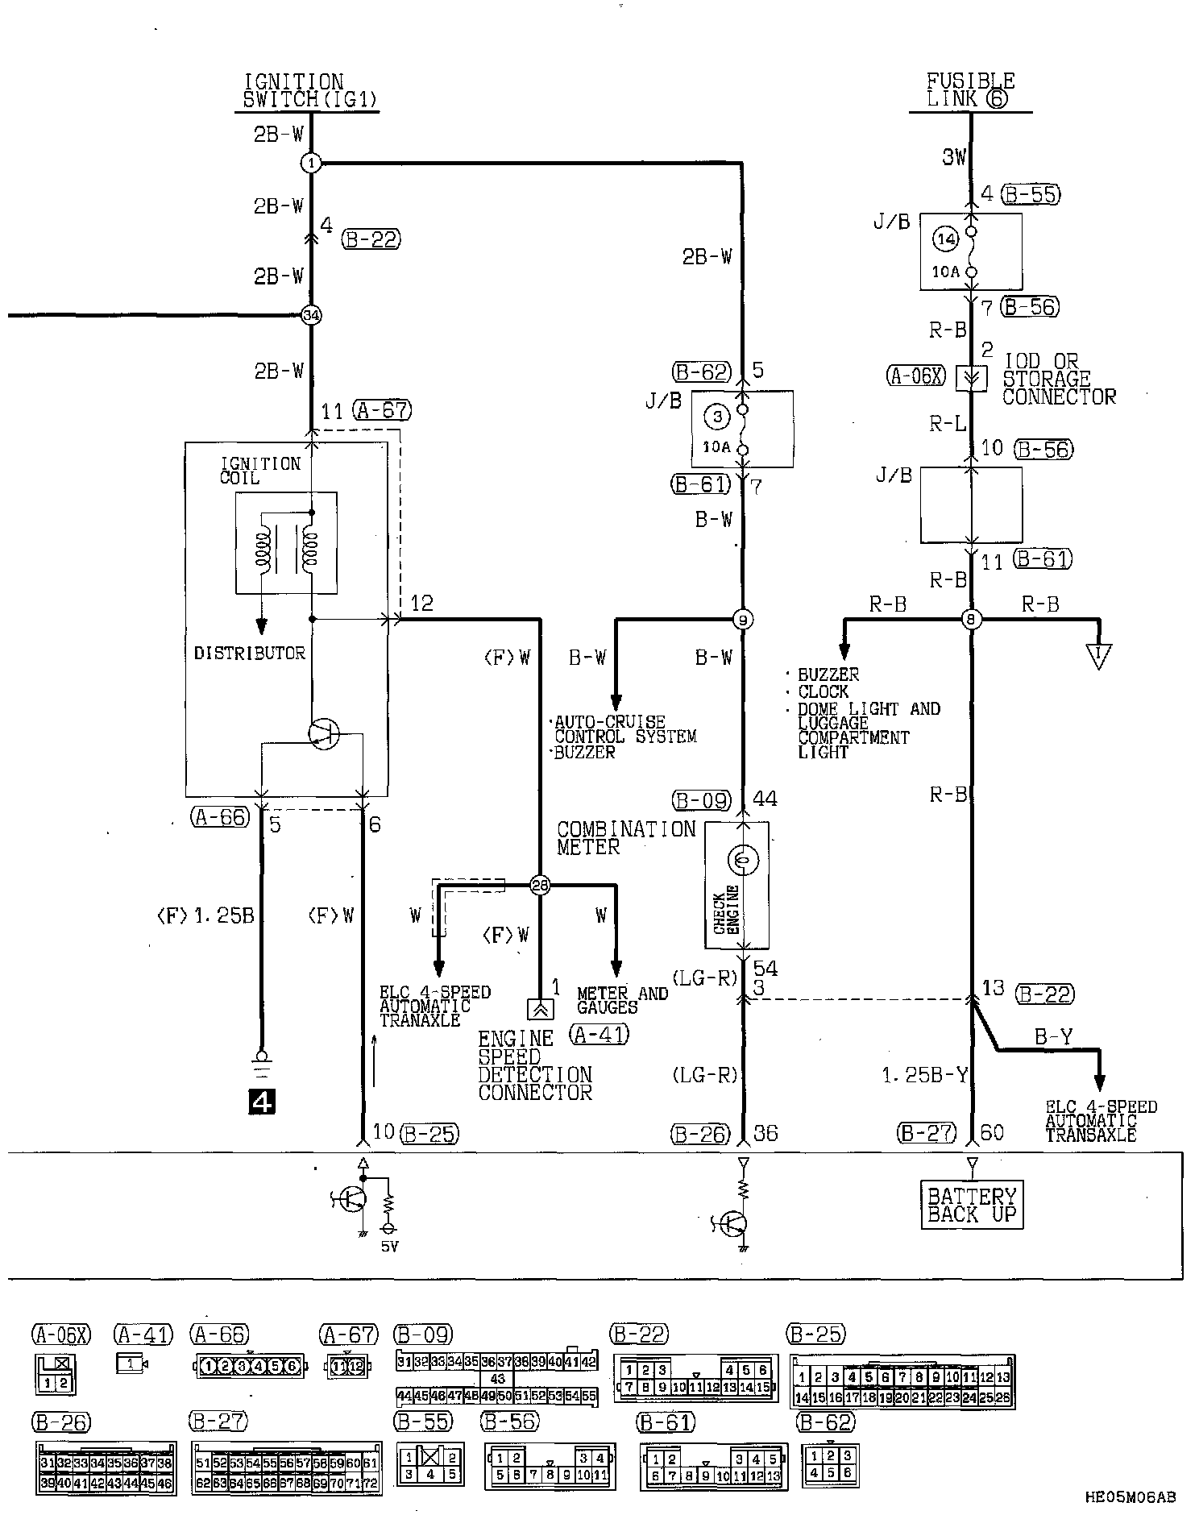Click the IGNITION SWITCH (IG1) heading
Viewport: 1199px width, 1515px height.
tap(310, 91)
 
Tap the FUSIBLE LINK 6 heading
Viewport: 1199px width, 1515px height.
tap(970, 90)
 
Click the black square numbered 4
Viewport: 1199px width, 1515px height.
tap(262, 1101)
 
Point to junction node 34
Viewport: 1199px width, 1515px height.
tap(311, 315)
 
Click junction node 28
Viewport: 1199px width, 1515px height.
tap(540, 886)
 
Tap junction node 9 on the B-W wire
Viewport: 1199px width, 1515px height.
tap(743, 620)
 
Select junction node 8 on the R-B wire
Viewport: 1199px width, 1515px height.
tap(971, 620)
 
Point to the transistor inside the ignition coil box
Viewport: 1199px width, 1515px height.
tap(324, 734)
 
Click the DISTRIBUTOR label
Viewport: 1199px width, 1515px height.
tap(250, 654)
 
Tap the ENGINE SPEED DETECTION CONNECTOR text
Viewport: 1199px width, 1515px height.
tap(535, 1065)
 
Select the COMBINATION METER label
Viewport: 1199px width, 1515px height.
tap(625, 838)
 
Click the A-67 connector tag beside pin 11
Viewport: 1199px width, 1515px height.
tap(381, 411)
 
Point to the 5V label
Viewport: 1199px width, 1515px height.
tap(389, 1247)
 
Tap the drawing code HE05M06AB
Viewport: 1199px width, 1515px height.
tap(1130, 1497)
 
